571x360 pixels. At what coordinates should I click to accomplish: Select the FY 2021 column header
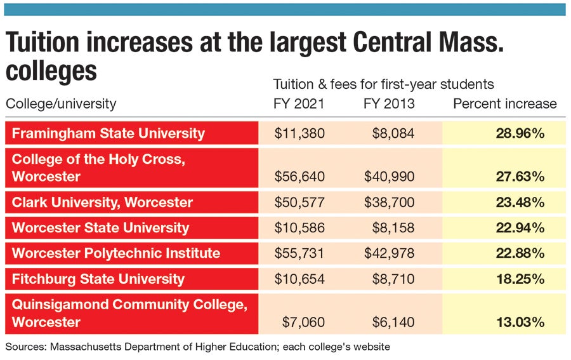pos(299,103)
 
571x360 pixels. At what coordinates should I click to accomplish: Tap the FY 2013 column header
pos(389,103)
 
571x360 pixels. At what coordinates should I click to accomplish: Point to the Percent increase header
pos(504,103)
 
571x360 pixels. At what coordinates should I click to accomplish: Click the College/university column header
pos(61,103)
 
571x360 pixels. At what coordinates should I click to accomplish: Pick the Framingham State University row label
pos(108,133)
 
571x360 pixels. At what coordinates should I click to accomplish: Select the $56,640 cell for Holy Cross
pos(299,177)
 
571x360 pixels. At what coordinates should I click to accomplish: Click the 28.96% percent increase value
pos(520,133)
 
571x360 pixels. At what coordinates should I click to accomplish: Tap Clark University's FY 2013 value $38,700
pos(389,203)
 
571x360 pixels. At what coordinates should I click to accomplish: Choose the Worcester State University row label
pos(100,228)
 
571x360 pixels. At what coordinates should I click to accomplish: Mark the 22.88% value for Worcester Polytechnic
pos(520,253)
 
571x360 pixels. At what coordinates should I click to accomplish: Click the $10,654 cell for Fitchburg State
pos(299,279)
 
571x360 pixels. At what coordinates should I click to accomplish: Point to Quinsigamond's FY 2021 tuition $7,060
pos(303,322)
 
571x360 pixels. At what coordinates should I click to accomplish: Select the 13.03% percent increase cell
pos(520,322)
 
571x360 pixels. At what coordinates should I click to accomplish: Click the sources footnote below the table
pos(197,347)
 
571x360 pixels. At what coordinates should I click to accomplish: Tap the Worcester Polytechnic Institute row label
pos(116,253)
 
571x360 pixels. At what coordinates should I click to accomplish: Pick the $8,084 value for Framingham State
pos(393,133)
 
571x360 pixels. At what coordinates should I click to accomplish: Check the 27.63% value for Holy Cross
pos(520,177)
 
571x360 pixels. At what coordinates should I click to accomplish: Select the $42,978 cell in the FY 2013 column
pos(389,253)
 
